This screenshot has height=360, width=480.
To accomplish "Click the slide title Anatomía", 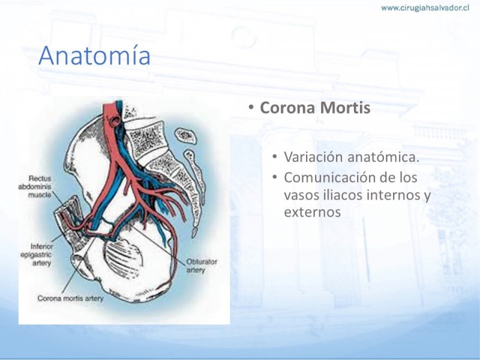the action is tap(94, 55).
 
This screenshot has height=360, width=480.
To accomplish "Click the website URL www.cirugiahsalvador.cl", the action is tap(425, 8).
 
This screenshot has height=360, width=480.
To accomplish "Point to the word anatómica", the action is tap(383, 157).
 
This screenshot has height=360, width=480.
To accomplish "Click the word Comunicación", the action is tap(331, 178).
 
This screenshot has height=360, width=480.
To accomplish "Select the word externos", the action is tap(312, 212).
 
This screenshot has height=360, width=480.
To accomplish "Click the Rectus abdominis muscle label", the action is tap(35, 187).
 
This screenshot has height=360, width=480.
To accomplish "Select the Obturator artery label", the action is tap(202, 266).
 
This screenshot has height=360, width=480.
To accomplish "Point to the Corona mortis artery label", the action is tap(70, 298).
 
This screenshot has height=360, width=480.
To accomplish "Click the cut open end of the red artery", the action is tap(115, 121).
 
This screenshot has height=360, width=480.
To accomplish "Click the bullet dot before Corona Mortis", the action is tap(251, 107).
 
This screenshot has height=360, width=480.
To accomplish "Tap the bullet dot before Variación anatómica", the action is tap(275, 157).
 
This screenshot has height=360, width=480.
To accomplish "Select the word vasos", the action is tap(299, 196).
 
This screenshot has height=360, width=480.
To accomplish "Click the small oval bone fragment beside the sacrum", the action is tap(185, 136).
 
